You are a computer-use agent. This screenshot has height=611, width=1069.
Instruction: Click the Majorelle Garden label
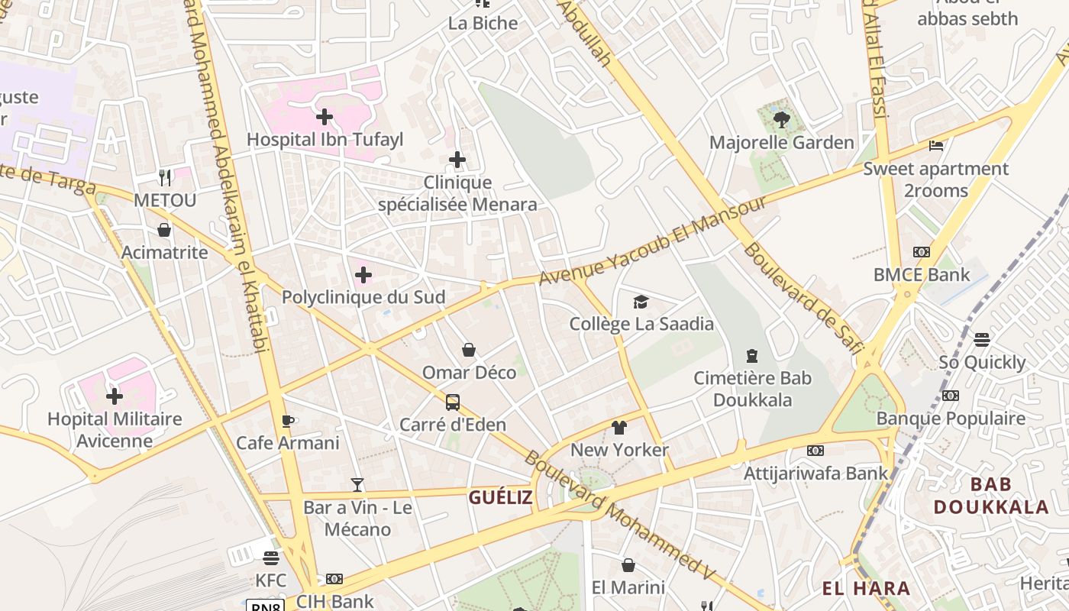coord(781,143)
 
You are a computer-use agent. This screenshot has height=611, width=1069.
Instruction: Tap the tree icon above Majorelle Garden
coord(781,119)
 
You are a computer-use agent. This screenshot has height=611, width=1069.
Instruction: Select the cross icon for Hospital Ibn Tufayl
coord(325,117)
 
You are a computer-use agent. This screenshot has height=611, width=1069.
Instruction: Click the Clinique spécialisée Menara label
coord(457,194)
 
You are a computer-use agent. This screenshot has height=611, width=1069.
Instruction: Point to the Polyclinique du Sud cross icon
coord(363,275)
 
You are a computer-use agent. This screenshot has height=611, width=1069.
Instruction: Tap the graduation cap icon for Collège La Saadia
coord(641,302)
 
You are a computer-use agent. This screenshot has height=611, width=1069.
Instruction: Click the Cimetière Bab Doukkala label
coord(752,389)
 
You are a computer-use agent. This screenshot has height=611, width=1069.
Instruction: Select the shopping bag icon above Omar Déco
coord(469,350)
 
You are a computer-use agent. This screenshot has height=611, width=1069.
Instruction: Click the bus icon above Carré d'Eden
coord(453,402)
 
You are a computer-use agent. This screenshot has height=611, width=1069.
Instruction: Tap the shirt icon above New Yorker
coord(619,427)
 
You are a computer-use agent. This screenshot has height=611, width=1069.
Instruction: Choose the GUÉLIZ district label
coord(500,498)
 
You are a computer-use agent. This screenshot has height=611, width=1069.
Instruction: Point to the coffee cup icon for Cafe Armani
coord(288,421)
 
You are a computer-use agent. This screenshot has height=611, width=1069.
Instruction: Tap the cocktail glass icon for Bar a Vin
coord(357,484)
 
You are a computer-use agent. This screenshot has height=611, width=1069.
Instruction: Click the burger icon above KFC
coord(270,558)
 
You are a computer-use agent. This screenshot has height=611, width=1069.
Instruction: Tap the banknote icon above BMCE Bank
coord(922,252)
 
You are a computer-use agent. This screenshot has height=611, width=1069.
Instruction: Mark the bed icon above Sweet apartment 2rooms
coord(936,146)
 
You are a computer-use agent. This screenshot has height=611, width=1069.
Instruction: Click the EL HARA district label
coord(866,588)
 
